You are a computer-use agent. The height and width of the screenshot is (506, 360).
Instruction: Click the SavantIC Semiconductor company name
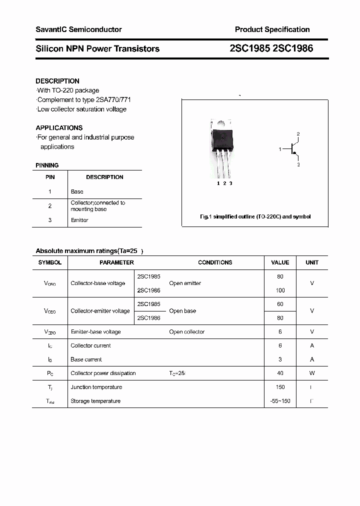(78, 29)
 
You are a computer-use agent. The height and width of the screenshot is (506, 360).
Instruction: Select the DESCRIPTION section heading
(57, 81)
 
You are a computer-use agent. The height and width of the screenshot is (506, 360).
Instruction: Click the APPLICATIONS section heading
(59, 127)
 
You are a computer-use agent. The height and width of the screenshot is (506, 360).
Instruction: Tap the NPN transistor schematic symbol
(292, 149)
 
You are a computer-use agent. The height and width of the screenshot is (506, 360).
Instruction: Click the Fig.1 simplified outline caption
(255, 216)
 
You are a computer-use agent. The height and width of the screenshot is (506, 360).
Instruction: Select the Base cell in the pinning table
(77, 191)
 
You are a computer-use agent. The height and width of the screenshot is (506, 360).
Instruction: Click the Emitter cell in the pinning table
(79, 220)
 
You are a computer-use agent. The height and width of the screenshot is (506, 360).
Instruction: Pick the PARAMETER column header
(116, 262)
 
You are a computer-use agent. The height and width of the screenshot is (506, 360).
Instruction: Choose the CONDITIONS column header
(215, 262)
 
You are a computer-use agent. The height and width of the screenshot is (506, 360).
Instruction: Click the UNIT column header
(312, 262)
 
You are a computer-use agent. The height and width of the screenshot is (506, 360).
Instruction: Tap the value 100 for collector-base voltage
(280, 290)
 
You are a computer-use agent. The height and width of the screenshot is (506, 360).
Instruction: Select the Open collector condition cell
(186, 331)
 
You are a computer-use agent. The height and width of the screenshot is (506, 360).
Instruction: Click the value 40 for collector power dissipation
(280, 373)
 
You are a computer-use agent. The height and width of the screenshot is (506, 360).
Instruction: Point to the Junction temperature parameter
(96, 387)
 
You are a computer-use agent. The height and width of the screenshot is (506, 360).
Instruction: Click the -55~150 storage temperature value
(280, 401)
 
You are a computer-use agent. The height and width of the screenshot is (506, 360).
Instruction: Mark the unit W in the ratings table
(312, 373)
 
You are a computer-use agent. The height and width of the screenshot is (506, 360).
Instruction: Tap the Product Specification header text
(272, 29)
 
